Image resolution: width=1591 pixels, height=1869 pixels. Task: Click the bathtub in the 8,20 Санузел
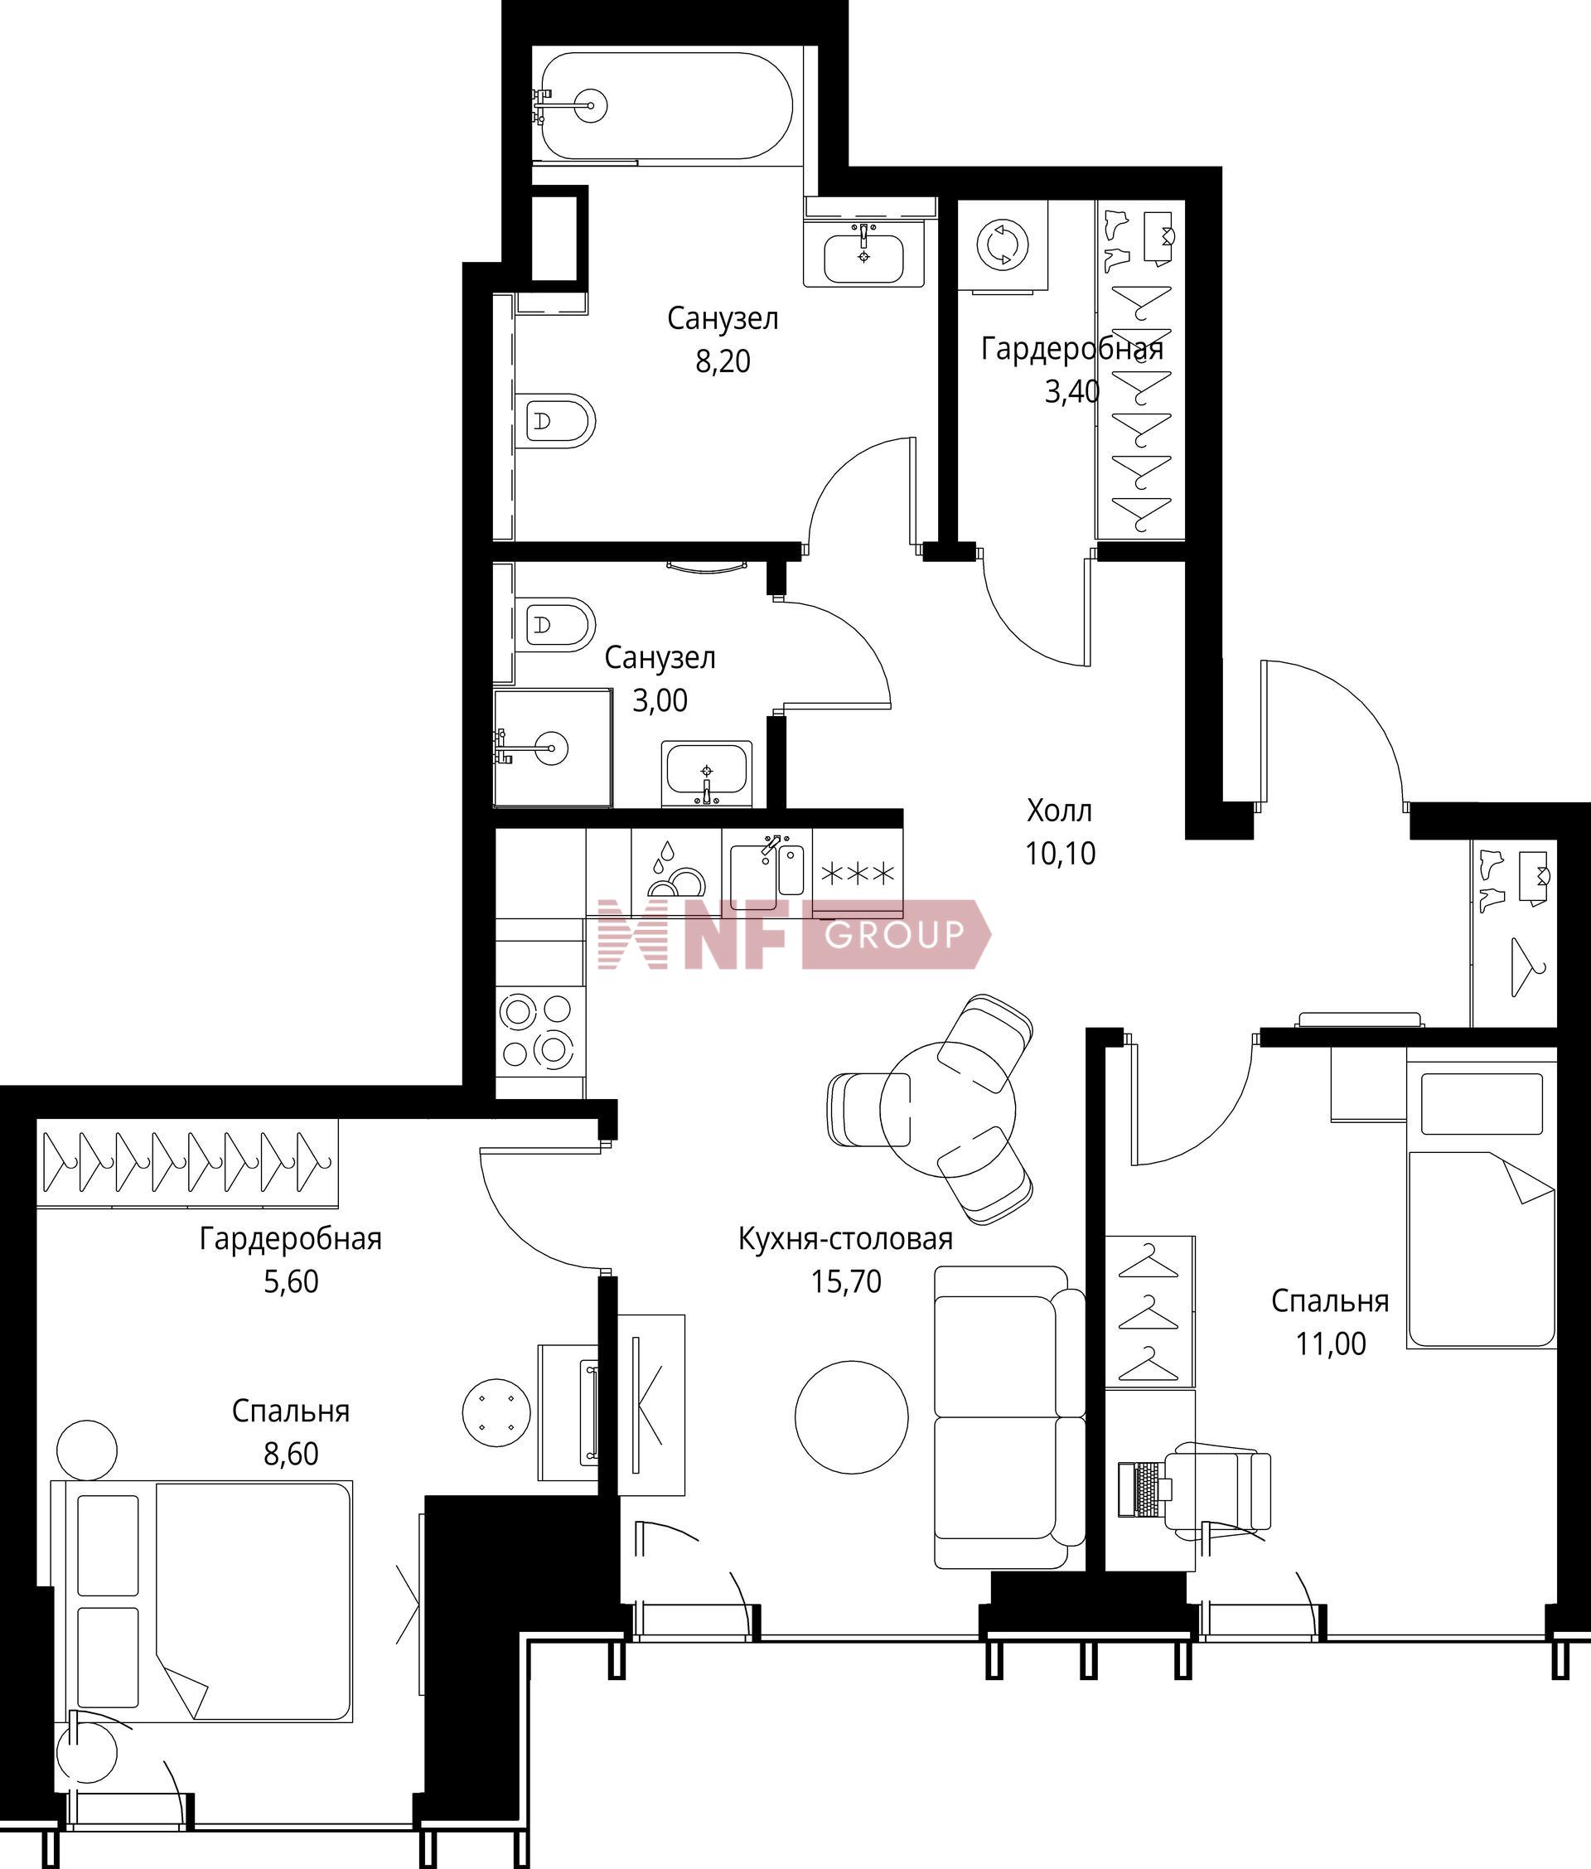pos(663,105)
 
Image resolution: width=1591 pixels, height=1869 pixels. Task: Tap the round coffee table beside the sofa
pos(851,1417)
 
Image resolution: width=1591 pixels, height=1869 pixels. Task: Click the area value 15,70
pos(846,1282)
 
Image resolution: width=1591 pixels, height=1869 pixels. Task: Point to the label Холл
pos(1060,810)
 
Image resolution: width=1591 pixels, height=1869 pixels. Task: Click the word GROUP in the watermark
pos(894,936)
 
